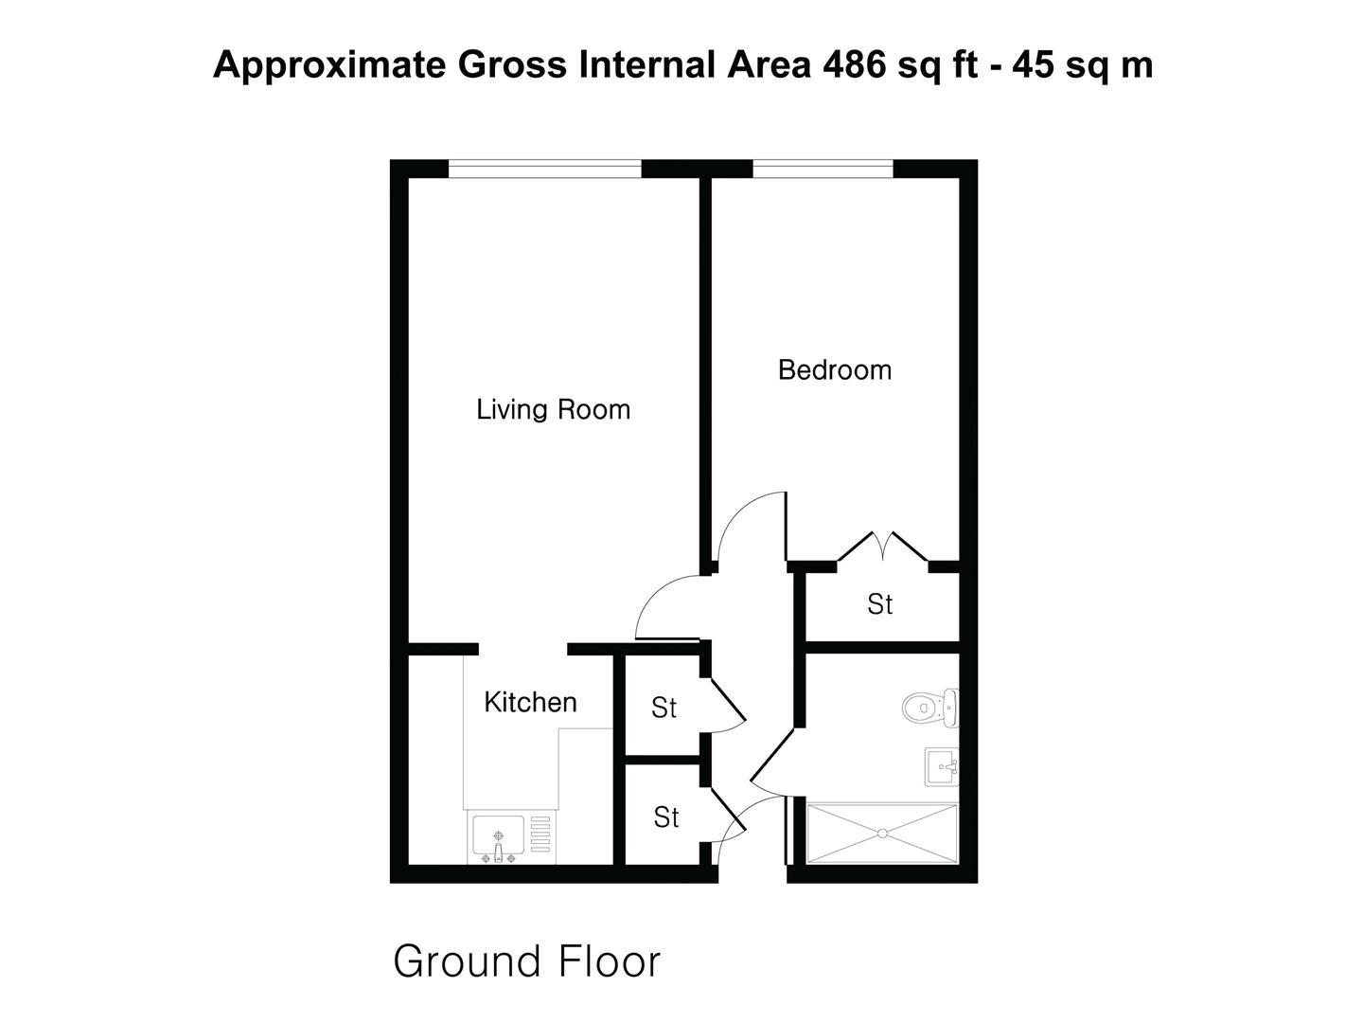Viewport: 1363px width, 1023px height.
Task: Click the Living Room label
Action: [554, 410]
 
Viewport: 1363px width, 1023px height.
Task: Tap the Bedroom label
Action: [835, 370]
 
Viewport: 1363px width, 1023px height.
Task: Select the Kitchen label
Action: [530, 703]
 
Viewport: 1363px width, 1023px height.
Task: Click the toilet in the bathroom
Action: [929, 708]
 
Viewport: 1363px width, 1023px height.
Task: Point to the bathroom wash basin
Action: [942, 767]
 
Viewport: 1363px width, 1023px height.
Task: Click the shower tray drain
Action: [882, 834]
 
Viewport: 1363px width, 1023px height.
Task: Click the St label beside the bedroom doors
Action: [880, 604]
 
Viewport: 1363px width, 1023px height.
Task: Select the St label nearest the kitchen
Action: [664, 709]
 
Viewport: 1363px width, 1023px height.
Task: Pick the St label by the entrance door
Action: [665, 817]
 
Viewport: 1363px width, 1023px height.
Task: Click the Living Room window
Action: [544, 169]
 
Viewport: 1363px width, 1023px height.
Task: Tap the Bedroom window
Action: [823, 169]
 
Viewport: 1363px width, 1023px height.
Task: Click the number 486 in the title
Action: [855, 64]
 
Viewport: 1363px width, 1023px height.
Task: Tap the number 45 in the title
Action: [1034, 64]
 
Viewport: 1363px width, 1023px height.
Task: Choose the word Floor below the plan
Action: [610, 962]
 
